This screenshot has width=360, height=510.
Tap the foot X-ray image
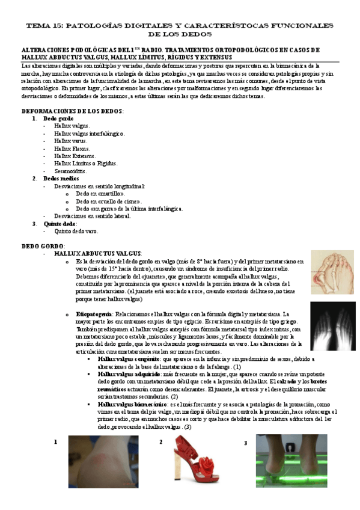(x=332, y=325)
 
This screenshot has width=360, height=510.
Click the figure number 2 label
(x=161, y=442)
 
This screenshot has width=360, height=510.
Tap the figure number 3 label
(x=245, y=443)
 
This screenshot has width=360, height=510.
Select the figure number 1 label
(x=56, y=442)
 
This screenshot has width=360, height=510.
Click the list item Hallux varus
(x=71, y=141)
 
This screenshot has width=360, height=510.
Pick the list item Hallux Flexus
(x=72, y=148)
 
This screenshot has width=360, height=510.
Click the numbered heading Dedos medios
(x=59, y=179)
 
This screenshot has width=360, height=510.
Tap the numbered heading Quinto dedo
(x=59, y=224)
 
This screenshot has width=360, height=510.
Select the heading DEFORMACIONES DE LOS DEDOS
(x=72, y=111)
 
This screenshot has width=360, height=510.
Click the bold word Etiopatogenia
(x=93, y=314)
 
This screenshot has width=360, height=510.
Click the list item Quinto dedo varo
(x=76, y=231)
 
